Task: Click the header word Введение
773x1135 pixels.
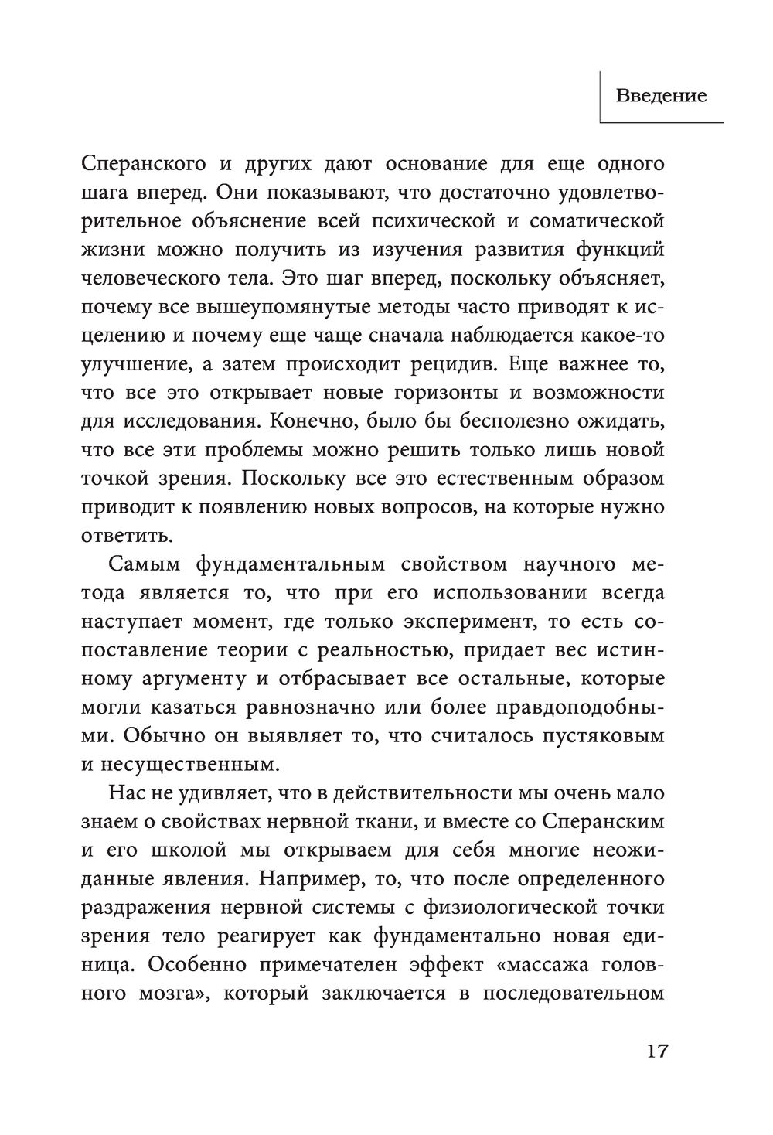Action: (661, 97)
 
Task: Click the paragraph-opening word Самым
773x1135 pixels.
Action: (148, 564)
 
